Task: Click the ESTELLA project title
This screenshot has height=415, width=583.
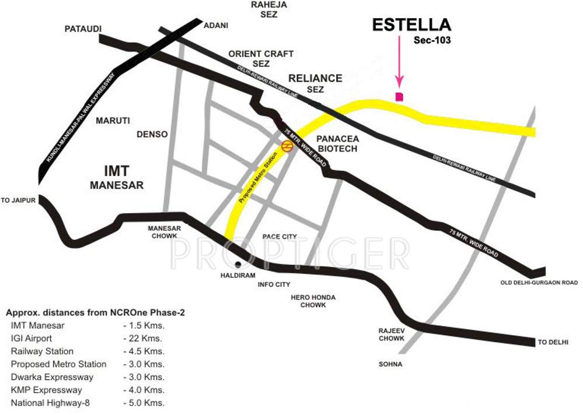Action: click(411, 25)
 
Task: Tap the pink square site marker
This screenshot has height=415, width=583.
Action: click(399, 97)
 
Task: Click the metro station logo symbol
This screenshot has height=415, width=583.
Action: click(287, 146)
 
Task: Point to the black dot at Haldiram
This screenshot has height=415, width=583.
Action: click(238, 265)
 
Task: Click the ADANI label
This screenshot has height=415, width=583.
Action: click(215, 26)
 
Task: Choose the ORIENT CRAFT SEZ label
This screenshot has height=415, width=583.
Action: click(261, 58)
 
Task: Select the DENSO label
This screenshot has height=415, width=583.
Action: click(152, 134)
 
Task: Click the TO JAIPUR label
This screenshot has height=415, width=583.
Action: click(19, 201)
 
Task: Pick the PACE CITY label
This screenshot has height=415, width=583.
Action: click(280, 236)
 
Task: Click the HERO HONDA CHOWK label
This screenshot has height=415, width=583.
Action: click(313, 301)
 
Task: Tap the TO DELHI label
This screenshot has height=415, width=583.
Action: click(553, 342)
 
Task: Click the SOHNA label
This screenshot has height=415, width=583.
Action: click(390, 364)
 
